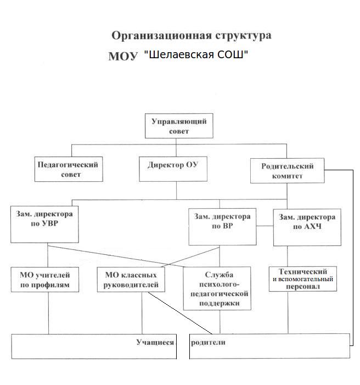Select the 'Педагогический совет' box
pyautogui.click(x=67, y=169)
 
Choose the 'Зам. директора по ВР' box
pyautogui.click(x=222, y=226)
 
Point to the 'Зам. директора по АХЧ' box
pyautogui.click(x=307, y=226)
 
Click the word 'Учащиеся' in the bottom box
pyautogui.click(x=154, y=342)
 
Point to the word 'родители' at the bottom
pyautogui.click(x=208, y=342)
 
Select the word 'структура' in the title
pyautogui.click(x=242, y=36)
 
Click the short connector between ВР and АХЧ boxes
pyautogui.click(x=265, y=226)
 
